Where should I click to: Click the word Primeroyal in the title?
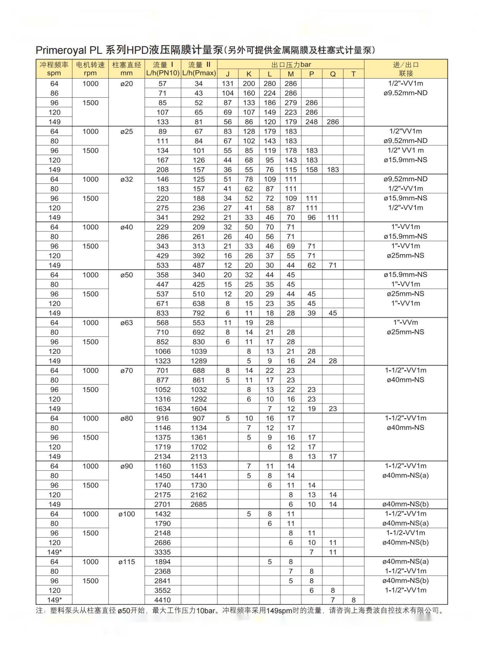[60, 50]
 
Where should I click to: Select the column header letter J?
[227, 74]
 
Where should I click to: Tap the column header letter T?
[353, 74]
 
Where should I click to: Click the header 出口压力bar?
[291, 65]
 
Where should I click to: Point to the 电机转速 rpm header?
[90, 69]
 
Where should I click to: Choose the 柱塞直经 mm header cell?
[126, 69]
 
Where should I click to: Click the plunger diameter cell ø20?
[126, 84]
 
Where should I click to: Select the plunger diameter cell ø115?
[126, 562]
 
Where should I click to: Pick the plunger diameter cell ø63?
[126, 323]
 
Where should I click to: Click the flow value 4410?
[162, 600]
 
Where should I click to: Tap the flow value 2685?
[198, 504]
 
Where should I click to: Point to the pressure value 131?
[227, 84]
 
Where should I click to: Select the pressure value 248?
[311, 122]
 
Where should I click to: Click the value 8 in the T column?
[353, 600]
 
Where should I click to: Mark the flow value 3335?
[162, 552]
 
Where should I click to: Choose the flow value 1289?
[198, 361]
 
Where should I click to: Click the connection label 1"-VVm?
[405, 322]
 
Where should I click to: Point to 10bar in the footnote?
[206, 610]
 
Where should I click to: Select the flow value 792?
[198, 313]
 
